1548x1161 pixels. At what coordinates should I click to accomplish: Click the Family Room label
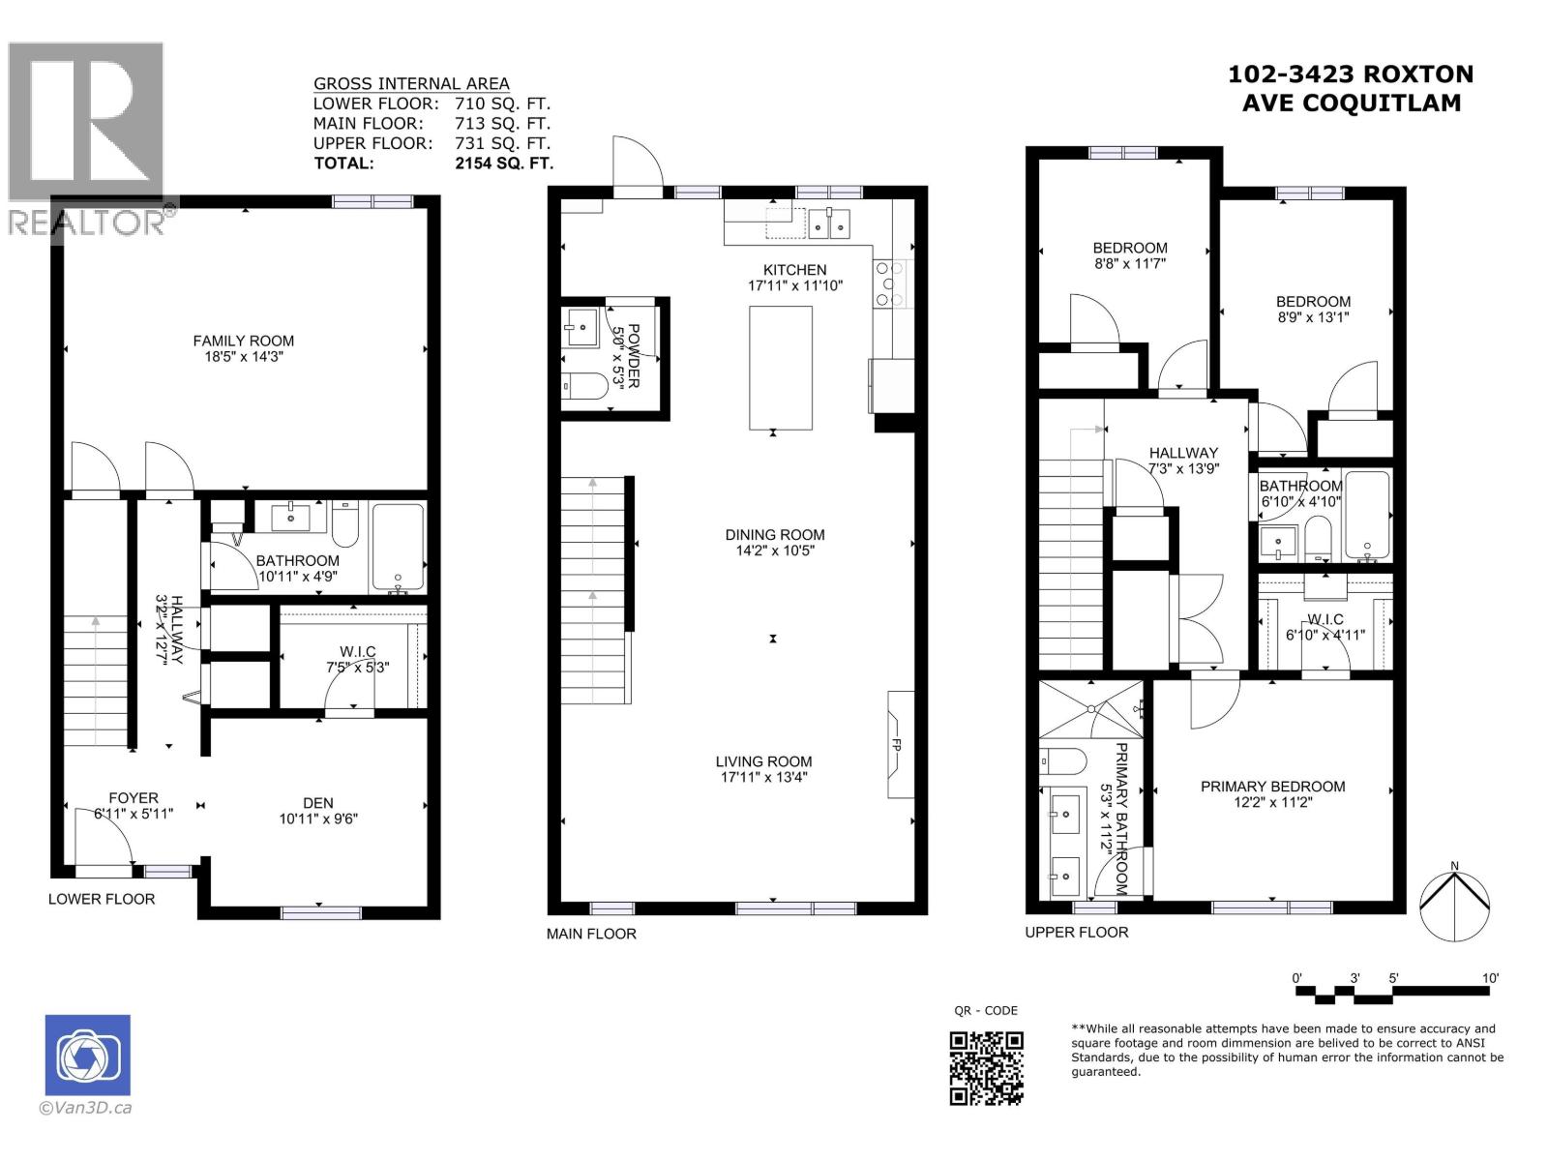click(243, 341)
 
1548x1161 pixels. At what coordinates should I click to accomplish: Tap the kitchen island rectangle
click(780, 367)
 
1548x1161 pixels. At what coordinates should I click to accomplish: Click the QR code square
click(986, 1068)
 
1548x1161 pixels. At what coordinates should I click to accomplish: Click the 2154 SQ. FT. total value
click(504, 164)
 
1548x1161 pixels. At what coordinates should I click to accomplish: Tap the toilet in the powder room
click(584, 386)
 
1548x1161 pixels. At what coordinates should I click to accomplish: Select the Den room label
click(317, 803)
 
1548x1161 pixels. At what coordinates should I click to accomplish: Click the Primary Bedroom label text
click(1272, 787)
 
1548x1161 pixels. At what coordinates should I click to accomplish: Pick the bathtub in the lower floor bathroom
click(398, 547)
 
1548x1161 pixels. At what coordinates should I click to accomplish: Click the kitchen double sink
click(829, 223)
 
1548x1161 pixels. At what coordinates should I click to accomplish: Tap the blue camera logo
click(87, 1056)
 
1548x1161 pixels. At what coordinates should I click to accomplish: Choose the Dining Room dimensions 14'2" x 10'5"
click(775, 551)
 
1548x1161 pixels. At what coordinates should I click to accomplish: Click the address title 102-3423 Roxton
click(1351, 74)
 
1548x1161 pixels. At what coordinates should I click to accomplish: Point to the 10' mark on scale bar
click(1489, 978)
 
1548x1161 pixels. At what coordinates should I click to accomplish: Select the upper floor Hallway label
click(1182, 453)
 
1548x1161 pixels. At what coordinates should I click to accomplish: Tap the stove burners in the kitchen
click(890, 283)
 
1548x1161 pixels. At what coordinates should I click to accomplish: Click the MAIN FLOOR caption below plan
click(591, 934)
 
